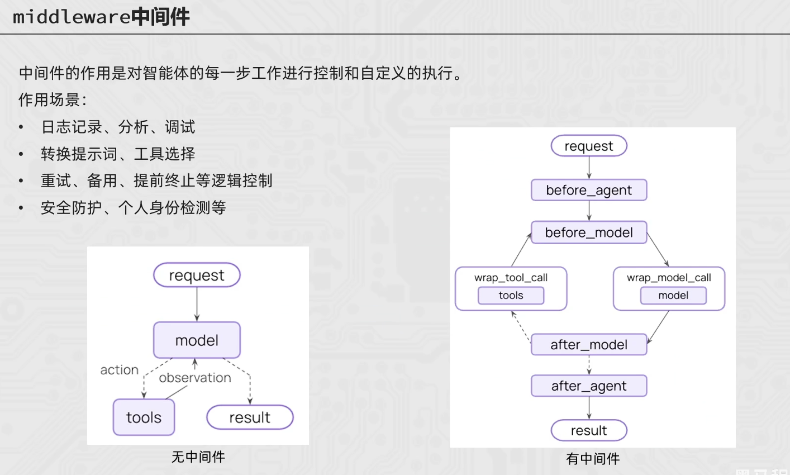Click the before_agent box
click(x=589, y=190)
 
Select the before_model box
click(x=589, y=232)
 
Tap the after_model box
click(x=589, y=345)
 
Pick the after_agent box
click(x=589, y=386)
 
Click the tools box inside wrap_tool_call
click(x=511, y=296)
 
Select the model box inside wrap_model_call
click(x=673, y=296)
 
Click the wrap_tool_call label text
click(x=511, y=278)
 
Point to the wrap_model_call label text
click(x=669, y=278)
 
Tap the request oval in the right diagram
click(x=589, y=146)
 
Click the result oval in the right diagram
click(x=589, y=430)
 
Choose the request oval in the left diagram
click(x=197, y=275)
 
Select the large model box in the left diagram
click(x=197, y=340)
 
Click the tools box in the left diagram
click(x=144, y=417)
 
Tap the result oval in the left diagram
click(x=250, y=417)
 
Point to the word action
click(x=119, y=370)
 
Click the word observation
click(x=195, y=378)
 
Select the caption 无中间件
click(x=198, y=457)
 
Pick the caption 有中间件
click(x=593, y=459)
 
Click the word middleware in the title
click(x=72, y=17)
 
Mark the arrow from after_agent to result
click(x=589, y=408)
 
